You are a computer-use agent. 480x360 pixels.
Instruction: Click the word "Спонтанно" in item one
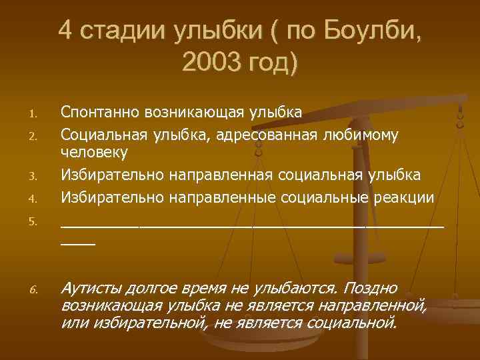pyautogui.click(x=104, y=111)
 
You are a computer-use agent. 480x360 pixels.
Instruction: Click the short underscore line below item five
pyautogui.click(x=77, y=245)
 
